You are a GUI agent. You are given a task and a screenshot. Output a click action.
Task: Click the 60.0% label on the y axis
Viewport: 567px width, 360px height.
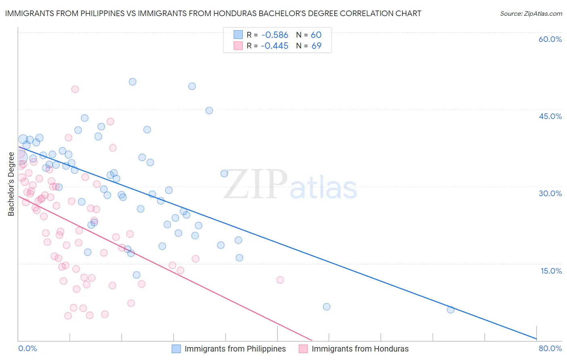pos(550,39)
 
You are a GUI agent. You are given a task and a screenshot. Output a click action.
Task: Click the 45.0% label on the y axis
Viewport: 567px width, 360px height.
pos(550,116)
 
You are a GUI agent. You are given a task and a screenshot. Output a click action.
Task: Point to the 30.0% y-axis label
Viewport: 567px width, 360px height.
pos(550,193)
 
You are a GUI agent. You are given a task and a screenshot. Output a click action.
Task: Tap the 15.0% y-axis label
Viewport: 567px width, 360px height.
pos(551,271)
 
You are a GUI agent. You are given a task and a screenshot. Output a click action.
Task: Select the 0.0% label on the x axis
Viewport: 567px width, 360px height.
pos(27,348)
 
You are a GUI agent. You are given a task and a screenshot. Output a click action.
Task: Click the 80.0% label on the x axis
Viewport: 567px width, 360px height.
pos(550,348)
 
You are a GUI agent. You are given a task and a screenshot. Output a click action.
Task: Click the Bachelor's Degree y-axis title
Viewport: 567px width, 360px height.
pos(11,184)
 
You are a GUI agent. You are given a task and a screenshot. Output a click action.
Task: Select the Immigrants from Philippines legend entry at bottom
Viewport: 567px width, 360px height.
pos(235,349)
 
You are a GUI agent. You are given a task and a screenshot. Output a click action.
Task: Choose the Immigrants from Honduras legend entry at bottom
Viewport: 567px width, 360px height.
pos(360,349)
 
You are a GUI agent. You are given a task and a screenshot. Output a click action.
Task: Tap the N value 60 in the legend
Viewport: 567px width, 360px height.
pos(316,35)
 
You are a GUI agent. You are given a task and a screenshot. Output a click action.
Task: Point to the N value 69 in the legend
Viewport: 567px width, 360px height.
pos(316,46)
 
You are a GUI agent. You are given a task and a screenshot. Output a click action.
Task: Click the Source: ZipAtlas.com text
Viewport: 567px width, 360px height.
pos(531,14)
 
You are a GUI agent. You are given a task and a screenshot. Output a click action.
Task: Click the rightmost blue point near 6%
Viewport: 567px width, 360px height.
pos(450,310)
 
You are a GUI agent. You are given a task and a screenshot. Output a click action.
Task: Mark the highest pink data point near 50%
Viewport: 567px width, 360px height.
pos(75,89)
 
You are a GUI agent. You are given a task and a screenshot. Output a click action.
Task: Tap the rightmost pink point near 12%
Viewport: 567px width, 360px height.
pos(280,280)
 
